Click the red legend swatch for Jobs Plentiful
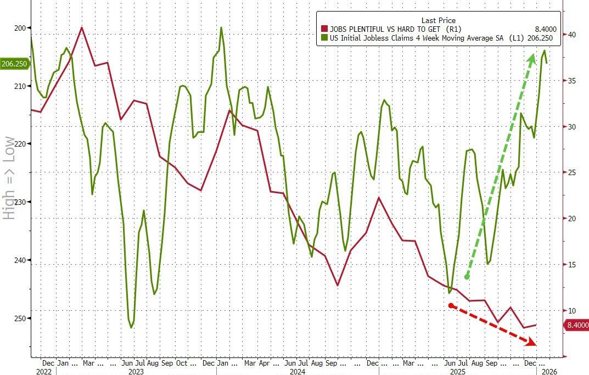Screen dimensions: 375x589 pos(324,30)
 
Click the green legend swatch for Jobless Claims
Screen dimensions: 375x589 pos(324,38)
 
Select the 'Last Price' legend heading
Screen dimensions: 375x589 pos(438,20)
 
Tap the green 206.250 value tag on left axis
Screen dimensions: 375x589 pos(15,64)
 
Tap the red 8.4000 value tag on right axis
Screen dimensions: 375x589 pos(577,326)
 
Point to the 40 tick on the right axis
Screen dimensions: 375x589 pos(571,35)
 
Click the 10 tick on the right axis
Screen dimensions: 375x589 pos(571,311)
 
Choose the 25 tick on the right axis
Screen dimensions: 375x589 pos(571,173)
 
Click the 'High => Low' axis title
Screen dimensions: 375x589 pos(9,178)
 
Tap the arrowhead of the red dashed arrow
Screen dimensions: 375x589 pos(532,343)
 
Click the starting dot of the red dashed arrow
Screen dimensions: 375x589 pos(451,305)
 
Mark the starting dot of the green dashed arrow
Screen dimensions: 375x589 pos(467,277)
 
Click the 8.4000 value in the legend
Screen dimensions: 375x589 pos(545,30)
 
